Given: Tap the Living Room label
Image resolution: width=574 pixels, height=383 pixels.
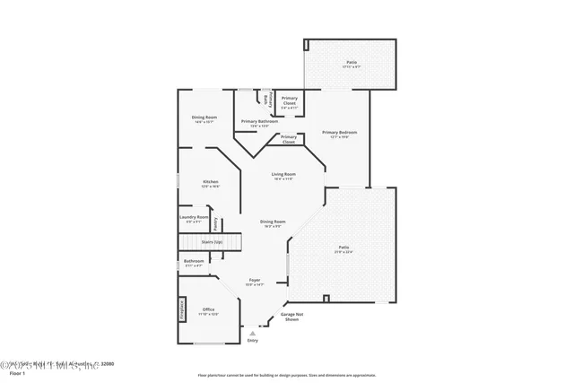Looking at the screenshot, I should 284,176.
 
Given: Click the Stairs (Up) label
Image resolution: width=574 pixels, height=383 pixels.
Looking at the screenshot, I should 212,241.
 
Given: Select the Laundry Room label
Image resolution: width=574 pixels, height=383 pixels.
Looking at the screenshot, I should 194,218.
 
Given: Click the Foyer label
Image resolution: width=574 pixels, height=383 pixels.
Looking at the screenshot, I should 255,281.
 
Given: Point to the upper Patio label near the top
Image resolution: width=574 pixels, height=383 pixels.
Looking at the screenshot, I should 351,64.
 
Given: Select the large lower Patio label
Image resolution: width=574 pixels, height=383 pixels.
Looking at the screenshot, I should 344,248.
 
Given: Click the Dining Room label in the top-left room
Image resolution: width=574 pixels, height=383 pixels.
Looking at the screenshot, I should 204,118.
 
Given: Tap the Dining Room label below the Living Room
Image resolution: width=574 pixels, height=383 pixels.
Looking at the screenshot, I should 273,222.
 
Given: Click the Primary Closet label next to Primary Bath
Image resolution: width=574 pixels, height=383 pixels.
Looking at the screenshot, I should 290,100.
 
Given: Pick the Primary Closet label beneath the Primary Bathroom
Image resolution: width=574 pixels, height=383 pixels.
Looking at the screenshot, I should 289,139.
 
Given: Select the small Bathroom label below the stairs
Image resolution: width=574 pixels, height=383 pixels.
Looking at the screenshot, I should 194,264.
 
